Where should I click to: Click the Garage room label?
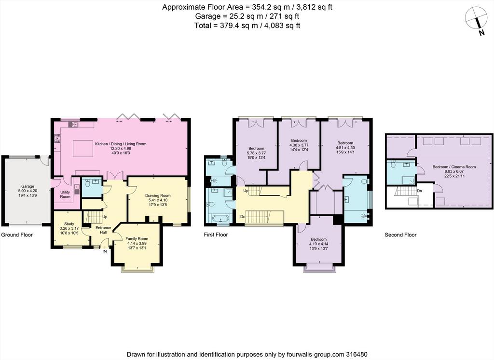(x=27, y=186)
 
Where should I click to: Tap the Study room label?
(x=69, y=224)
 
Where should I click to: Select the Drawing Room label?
(x=158, y=195)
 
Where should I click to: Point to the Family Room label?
(x=137, y=239)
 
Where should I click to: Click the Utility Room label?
(x=65, y=194)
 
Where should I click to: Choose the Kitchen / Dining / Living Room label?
(x=121, y=144)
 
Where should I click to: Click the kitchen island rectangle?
(x=83, y=149)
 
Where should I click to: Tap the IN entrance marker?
(x=104, y=251)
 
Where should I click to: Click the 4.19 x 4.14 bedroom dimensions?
(x=318, y=244)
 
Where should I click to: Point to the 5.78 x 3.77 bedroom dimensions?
(x=256, y=153)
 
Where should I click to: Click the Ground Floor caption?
(x=17, y=235)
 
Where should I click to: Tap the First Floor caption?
(x=216, y=235)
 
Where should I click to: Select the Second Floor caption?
(x=400, y=235)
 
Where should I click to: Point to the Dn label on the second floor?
(x=419, y=191)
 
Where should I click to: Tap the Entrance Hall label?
(x=103, y=230)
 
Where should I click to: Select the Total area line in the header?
(x=247, y=26)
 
